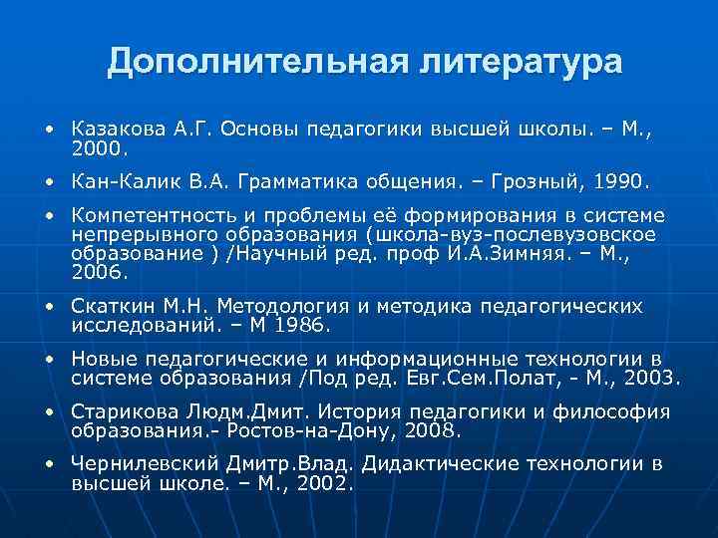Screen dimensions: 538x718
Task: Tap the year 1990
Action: click(x=618, y=183)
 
